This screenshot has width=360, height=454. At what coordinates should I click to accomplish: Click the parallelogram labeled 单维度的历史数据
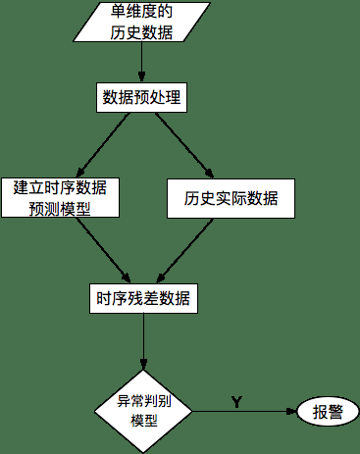click(x=143, y=22)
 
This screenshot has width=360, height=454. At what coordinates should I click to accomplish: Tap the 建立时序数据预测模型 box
click(x=60, y=196)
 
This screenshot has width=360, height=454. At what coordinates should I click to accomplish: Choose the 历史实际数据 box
click(x=231, y=198)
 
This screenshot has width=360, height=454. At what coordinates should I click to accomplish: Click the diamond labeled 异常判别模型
click(x=144, y=411)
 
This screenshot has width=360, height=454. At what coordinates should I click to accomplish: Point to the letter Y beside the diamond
click(x=236, y=401)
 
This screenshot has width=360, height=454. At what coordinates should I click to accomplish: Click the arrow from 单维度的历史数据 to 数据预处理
click(x=143, y=61)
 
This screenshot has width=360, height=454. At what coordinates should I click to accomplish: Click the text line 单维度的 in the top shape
click(x=143, y=11)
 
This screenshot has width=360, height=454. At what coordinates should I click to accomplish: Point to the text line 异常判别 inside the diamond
click(x=144, y=401)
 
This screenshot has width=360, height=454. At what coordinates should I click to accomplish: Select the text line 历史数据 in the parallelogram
click(x=143, y=31)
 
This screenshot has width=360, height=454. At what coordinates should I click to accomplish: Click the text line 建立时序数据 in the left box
click(x=60, y=186)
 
